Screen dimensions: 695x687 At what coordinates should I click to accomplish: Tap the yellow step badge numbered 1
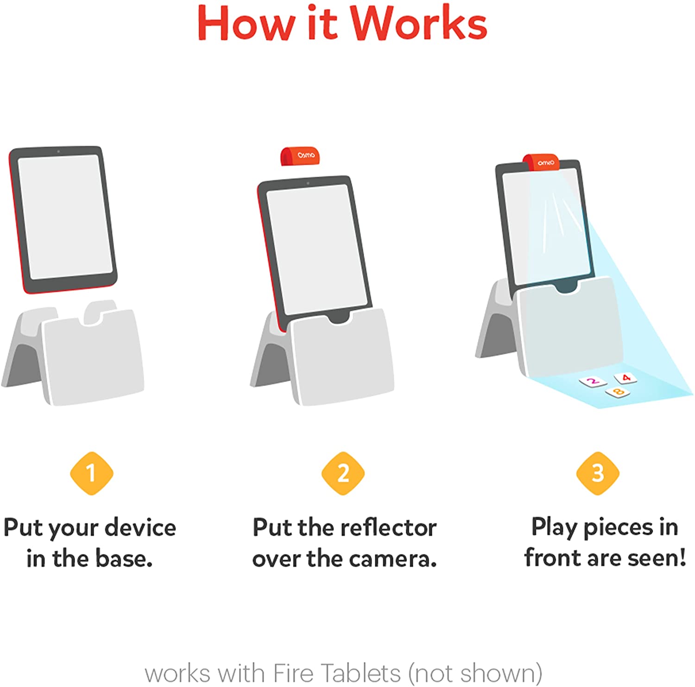91,473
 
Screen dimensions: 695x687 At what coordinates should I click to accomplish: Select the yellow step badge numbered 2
343,473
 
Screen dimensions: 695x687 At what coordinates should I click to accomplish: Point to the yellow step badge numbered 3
598,473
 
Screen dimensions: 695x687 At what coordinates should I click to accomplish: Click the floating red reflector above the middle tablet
300,156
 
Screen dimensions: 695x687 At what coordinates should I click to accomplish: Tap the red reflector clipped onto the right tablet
541,162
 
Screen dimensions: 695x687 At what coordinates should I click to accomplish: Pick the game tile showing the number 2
593,382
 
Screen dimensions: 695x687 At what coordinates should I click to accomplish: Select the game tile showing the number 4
625,378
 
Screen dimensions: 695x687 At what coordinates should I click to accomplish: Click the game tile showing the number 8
618,392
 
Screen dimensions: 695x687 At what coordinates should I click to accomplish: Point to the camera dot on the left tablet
58,152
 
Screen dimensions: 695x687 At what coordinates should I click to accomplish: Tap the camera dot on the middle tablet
308,183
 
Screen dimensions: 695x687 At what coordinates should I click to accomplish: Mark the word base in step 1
124,559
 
